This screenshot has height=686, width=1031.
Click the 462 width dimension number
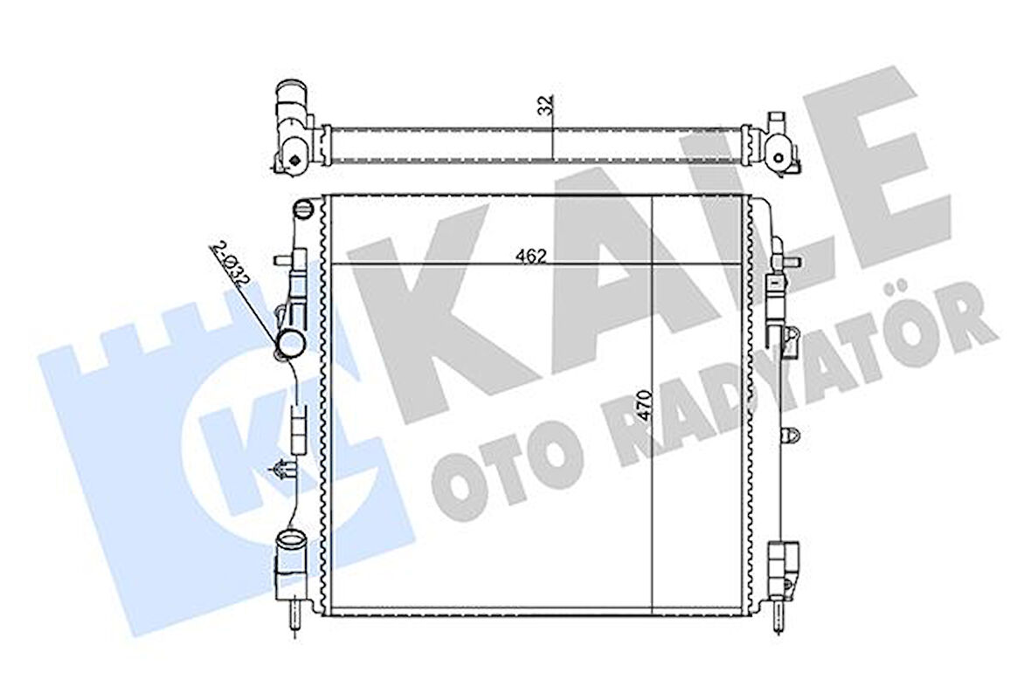pyautogui.click(x=530, y=256)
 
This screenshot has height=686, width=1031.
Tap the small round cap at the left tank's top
pyautogui.click(x=302, y=209)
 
